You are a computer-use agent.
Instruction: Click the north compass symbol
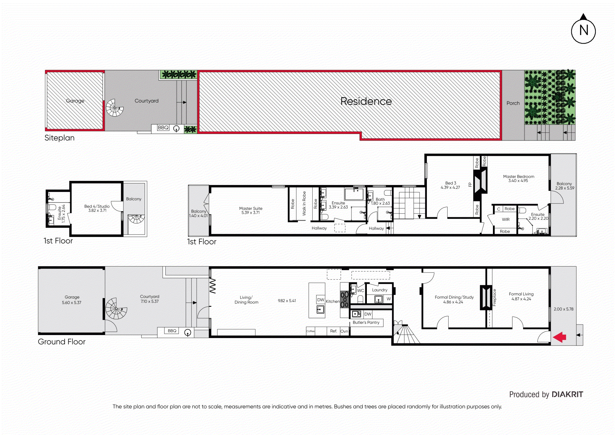click(583, 30)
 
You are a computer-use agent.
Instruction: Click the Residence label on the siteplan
click(366, 101)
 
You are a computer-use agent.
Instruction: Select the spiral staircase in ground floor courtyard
click(116, 309)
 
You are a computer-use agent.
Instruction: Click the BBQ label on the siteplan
click(163, 127)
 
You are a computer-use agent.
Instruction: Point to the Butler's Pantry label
click(366, 322)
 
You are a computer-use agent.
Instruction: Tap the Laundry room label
click(379, 290)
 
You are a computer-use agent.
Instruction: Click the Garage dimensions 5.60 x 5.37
click(72, 302)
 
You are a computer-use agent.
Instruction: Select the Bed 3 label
click(450, 183)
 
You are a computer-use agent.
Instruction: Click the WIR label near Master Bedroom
click(506, 219)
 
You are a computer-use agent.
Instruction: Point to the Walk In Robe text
click(304, 203)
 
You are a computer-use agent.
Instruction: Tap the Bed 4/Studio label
click(97, 206)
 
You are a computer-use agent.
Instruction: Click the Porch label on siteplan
click(513, 103)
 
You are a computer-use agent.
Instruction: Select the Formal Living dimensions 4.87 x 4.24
click(521, 299)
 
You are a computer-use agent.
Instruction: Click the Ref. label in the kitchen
click(333, 331)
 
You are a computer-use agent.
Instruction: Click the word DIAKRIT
click(567, 394)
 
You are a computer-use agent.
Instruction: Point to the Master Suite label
click(251, 208)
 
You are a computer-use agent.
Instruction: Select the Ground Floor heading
click(61, 341)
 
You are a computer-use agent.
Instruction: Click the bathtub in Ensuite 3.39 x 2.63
click(354, 194)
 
